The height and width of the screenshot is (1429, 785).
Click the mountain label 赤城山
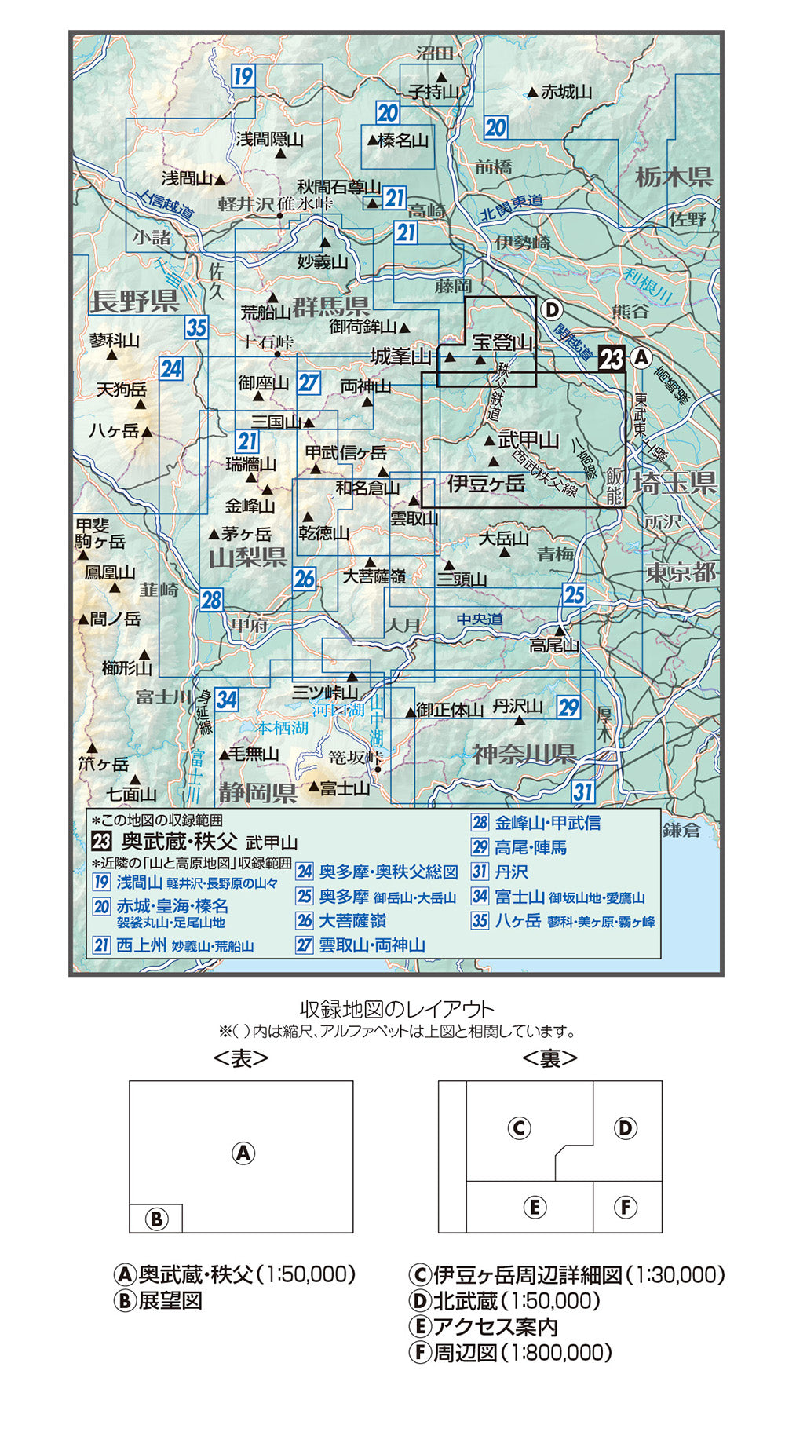pos(566,92)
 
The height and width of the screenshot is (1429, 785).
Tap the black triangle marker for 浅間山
pos(220,180)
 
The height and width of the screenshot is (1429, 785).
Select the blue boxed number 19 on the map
pos(243,76)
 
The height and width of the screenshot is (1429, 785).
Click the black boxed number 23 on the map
pos(611,359)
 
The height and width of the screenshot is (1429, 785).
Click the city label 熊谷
pos(630,311)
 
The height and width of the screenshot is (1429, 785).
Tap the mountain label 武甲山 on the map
pos(528,440)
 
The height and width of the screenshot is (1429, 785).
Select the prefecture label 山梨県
pos(247,557)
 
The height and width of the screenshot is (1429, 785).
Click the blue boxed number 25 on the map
pos(574,594)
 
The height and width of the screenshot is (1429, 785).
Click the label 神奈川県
pos(524,755)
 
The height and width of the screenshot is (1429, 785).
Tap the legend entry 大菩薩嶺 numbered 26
pos(352,921)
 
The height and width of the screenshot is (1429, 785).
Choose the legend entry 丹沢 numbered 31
pos(510,872)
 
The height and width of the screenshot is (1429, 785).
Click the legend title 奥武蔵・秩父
pos(179,842)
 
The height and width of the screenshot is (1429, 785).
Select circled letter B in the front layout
pos(156,1219)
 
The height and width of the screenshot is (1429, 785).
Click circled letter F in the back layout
pos(626,1207)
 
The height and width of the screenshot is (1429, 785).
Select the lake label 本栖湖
pos(283,728)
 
